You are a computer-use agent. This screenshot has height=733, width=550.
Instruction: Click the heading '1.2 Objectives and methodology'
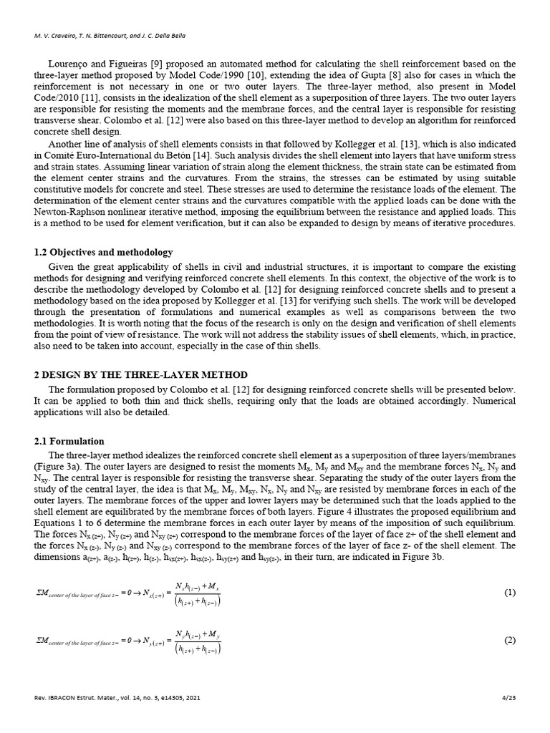click(x=103, y=252)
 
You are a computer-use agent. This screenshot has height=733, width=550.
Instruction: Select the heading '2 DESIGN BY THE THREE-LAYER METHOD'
click(x=141, y=374)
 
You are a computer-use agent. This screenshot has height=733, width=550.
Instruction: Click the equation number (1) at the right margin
click(x=509, y=593)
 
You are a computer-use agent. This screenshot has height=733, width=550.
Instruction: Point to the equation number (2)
click(x=509, y=640)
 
